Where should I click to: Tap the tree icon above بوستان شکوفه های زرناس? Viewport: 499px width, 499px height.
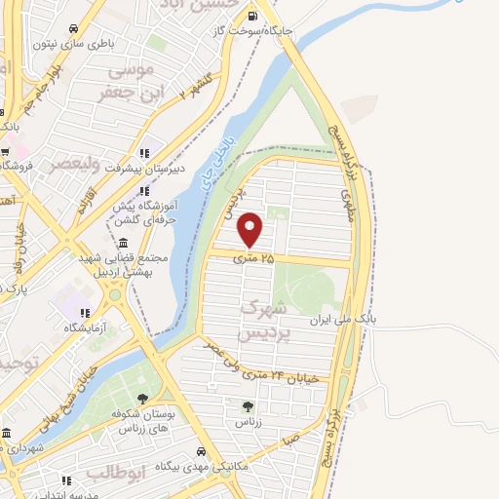(x=144, y=399)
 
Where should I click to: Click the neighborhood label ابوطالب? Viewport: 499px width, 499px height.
(x=115, y=473)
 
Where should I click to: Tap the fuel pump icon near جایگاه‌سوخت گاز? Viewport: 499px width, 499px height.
(x=254, y=16)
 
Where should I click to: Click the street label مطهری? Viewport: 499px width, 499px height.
(x=347, y=204)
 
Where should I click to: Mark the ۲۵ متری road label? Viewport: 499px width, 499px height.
(x=252, y=258)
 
